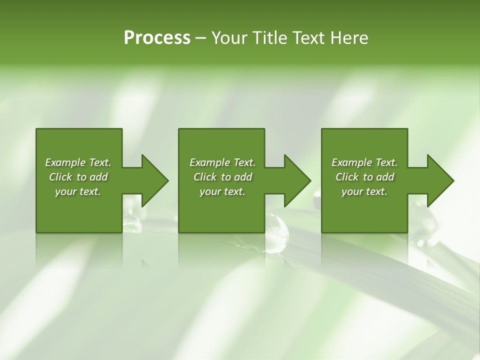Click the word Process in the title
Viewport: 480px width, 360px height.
point(157,38)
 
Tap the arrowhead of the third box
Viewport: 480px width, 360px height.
point(440,180)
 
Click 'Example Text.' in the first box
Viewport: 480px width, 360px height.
point(78,162)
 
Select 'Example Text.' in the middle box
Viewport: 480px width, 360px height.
point(222,162)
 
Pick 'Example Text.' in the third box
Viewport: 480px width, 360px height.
point(364,162)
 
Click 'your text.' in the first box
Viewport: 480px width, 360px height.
point(78,191)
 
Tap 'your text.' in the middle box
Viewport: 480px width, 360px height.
point(222,191)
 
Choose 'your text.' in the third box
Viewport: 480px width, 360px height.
point(364,191)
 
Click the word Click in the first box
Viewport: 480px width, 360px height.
point(60,177)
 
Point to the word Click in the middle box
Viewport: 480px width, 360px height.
point(205,177)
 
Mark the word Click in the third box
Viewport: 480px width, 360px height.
point(347,177)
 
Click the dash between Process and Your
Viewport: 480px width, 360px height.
point(200,38)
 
